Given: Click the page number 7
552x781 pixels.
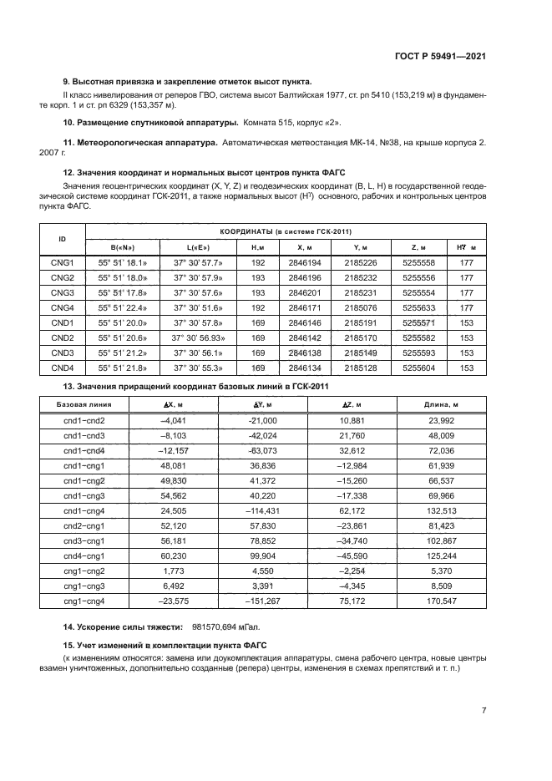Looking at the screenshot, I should (x=484, y=710).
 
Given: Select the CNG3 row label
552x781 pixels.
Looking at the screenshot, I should (x=63, y=292).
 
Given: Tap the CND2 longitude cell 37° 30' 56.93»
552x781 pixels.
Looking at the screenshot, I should (x=198, y=337).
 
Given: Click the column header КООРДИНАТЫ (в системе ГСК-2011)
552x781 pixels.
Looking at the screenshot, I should (x=285, y=231).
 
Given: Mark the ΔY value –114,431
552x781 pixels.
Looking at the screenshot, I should (x=263, y=510).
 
